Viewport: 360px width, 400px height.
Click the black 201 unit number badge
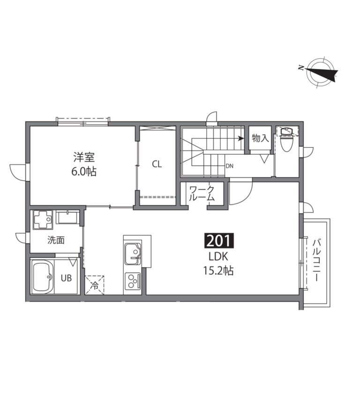219,241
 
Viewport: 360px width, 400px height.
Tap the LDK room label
218,257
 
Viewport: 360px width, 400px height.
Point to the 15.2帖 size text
218,271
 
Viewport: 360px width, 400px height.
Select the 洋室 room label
84,157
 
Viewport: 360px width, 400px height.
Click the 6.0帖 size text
84,172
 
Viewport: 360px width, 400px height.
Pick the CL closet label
157,164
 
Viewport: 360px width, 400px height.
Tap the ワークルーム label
202,193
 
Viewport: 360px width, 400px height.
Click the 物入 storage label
260,138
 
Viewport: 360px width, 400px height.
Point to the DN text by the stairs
230,166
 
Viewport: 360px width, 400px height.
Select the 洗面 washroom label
56,240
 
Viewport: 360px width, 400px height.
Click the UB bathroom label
66,278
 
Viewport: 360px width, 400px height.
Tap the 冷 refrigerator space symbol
95,285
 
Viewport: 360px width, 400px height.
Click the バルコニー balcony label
317,260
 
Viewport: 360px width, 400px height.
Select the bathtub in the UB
43,277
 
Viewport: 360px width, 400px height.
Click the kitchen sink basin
133,255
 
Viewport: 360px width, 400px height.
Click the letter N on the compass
301,68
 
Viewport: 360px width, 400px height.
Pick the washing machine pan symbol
42,220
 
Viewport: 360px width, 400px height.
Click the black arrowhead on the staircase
240,138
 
